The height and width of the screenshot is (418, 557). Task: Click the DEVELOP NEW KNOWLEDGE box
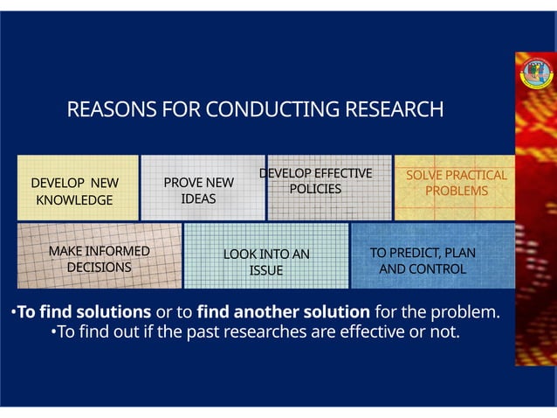point(78,188)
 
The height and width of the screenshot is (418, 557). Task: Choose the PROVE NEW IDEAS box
point(202,188)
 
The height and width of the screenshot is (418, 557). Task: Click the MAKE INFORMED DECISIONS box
point(99,256)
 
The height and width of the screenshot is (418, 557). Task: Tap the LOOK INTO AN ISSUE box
point(265,256)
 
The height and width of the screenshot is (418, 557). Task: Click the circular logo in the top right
point(537,73)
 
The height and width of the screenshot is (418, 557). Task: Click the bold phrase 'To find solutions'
point(84,312)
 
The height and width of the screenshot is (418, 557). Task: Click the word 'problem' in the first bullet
point(471,312)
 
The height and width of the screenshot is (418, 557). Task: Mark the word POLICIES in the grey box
point(315,189)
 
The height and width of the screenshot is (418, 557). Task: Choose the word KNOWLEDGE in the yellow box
point(74,200)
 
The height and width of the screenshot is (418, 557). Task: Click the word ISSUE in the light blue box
point(266,270)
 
